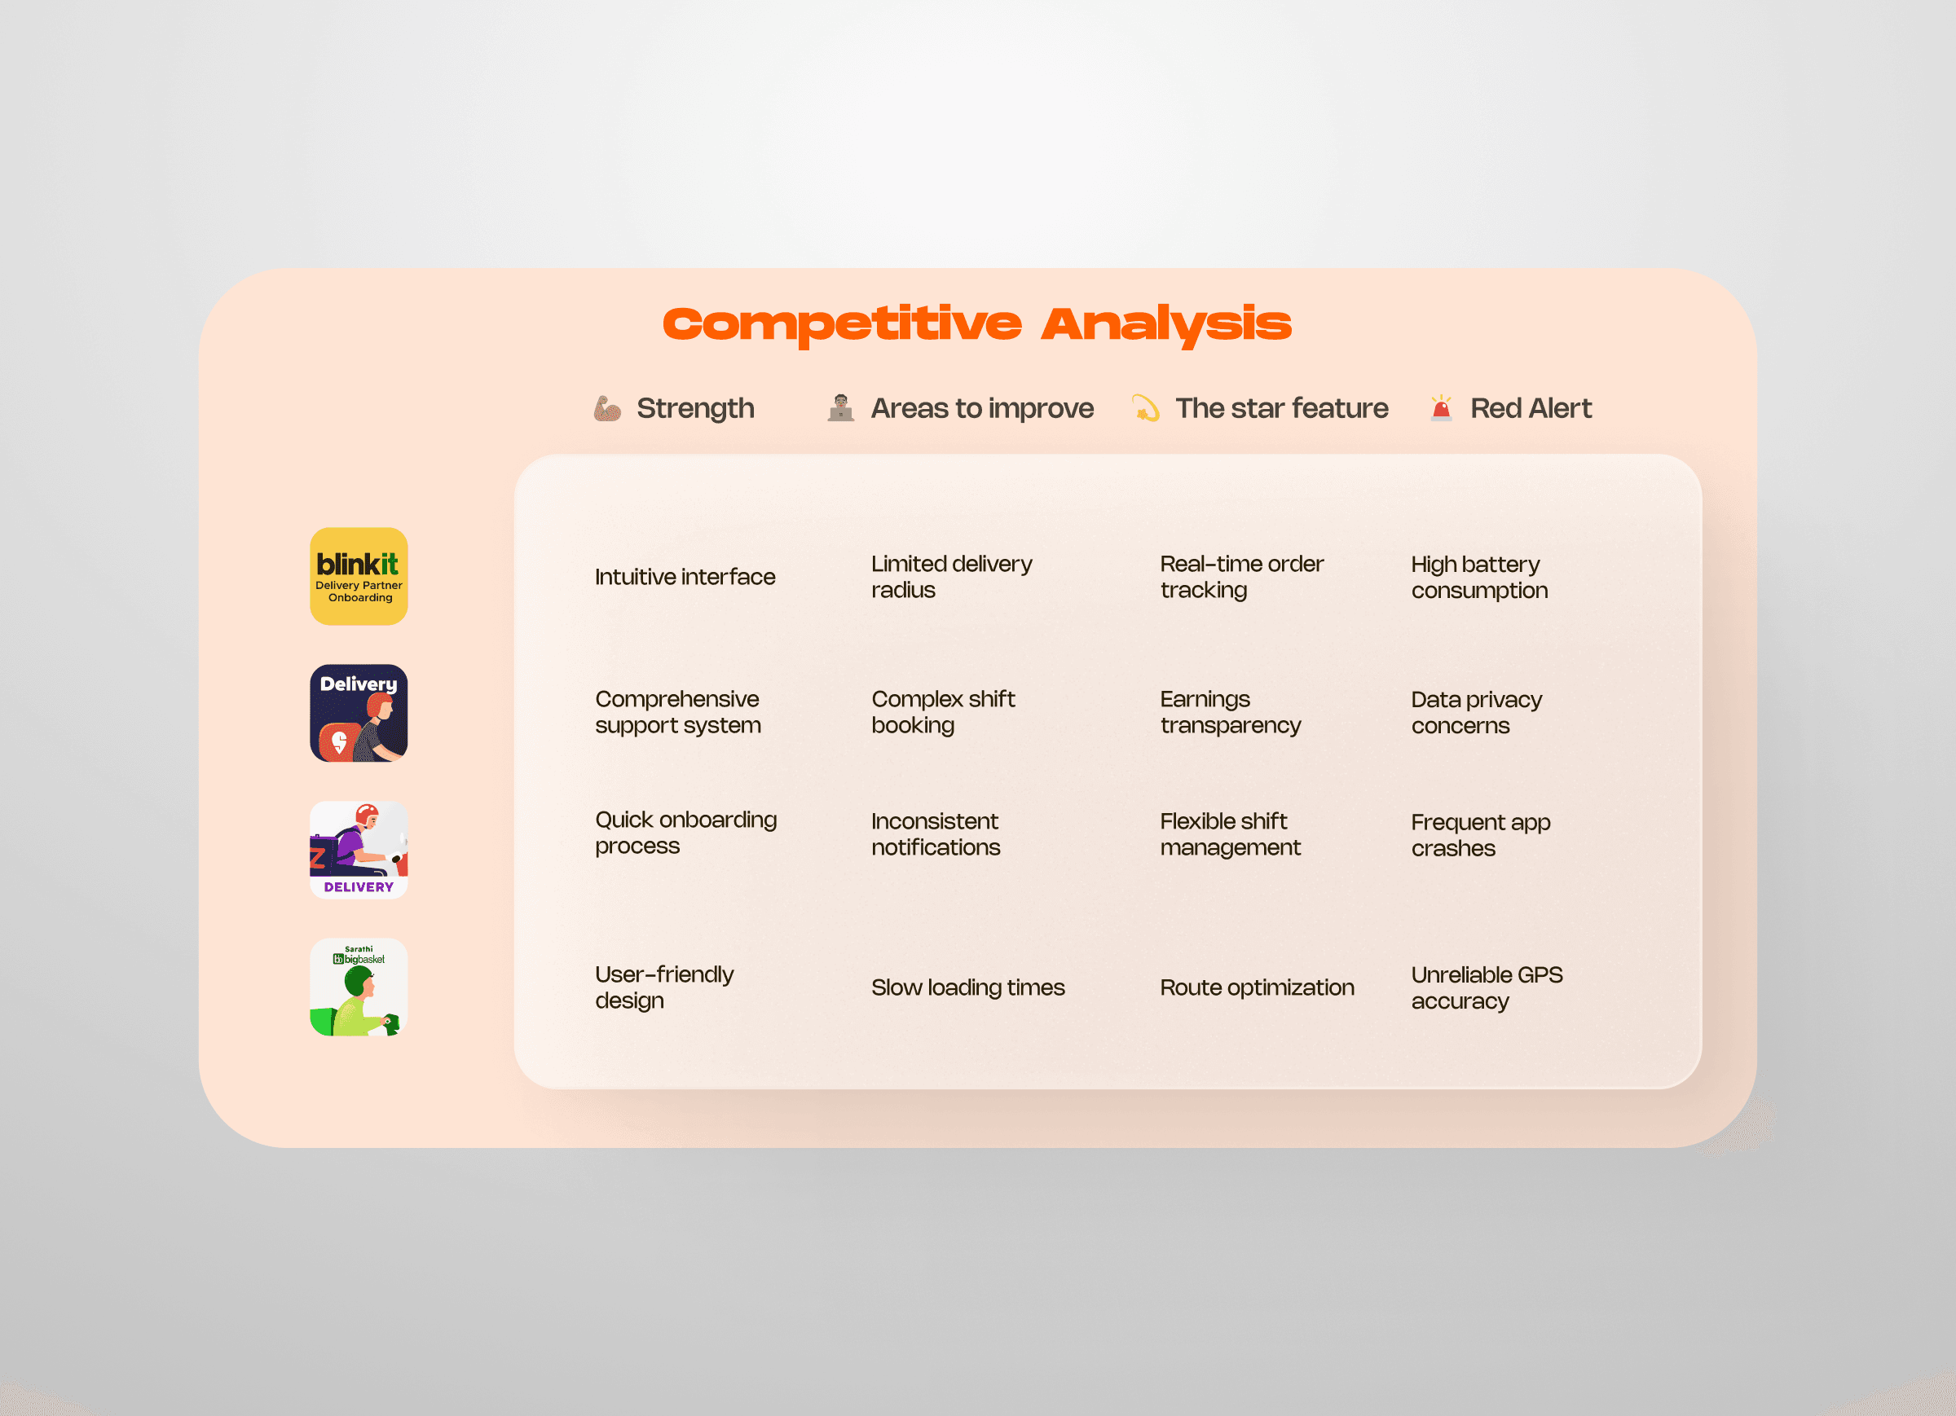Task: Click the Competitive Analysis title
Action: click(x=977, y=325)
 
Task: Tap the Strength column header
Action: click(x=695, y=408)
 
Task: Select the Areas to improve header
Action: click(x=982, y=408)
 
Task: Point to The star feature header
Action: click(x=1281, y=408)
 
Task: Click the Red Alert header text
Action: click(x=1531, y=408)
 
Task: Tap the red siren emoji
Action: click(x=1441, y=408)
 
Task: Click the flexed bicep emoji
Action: click(x=607, y=408)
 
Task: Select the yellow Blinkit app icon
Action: click(x=359, y=576)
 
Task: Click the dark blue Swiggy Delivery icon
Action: click(x=359, y=713)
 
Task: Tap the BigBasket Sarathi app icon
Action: click(x=359, y=987)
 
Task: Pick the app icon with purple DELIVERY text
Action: click(x=359, y=851)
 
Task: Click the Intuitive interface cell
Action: click(x=685, y=577)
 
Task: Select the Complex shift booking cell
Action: click(x=943, y=712)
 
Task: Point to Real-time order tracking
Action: click(x=1241, y=577)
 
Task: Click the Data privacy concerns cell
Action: click(x=1477, y=712)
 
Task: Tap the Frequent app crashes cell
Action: click(x=1481, y=835)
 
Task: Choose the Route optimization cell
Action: click(x=1257, y=987)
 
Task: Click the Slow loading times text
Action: click(x=967, y=987)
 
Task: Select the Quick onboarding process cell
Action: click(x=685, y=833)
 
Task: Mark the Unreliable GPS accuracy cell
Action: click(x=1487, y=988)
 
